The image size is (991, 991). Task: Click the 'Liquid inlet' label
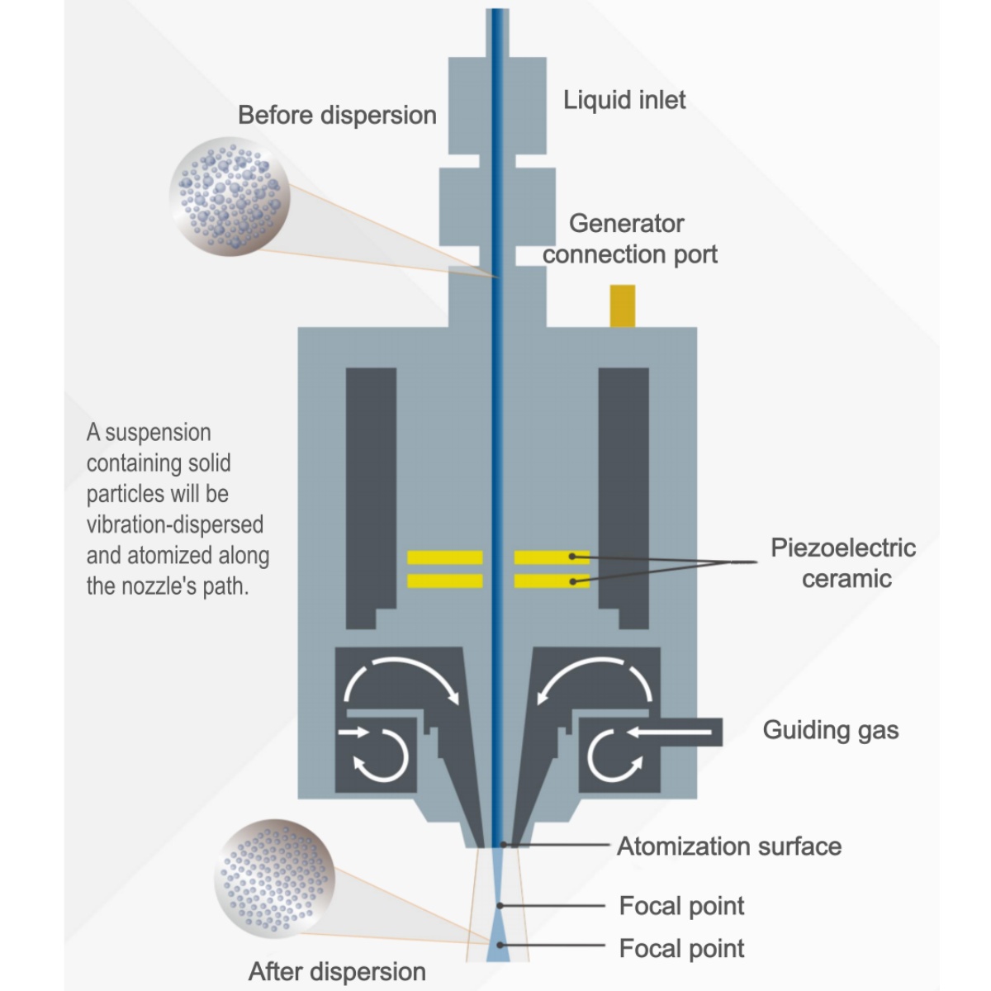click(x=624, y=100)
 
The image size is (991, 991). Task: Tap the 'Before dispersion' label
click(x=337, y=115)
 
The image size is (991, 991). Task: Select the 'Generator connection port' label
click(x=629, y=239)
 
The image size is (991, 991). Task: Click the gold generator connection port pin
click(x=622, y=306)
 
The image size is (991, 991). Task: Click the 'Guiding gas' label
click(x=830, y=730)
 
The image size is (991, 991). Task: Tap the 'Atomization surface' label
click(x=729, y=846)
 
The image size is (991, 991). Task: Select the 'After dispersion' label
click(x=337, y=971)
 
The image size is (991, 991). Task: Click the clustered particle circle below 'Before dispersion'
click(x=230, y=196)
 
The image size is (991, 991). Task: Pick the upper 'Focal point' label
click(x=681, y=906)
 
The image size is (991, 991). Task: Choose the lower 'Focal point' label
click(x=681, y=948)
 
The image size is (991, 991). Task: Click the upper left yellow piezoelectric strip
click(x=444, y=558)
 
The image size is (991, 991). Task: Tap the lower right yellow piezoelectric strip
click(x=551, y=581)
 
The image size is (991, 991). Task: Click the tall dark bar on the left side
click(x=370, y=495)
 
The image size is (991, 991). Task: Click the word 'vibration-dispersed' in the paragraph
click(x=175, y=524)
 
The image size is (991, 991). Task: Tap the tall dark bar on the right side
click(x=624, y=495)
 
